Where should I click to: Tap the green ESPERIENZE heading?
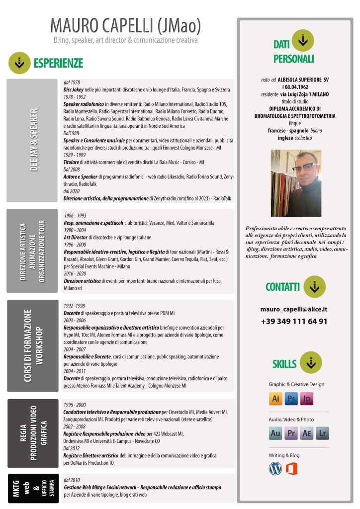tap(58, 63)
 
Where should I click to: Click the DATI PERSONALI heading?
tap(293, 52)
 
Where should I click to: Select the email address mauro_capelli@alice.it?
tap(294, 309)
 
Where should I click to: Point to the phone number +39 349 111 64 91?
tap(294, 321)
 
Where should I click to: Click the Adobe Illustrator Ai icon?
tap(275, 399)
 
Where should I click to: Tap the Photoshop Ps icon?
tap(291, 399)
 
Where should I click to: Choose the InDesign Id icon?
tap(307, 399)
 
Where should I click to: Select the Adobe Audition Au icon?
tap(275, 434)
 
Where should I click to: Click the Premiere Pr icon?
tap(291, 434)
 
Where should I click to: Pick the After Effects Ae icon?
tap(307, 434)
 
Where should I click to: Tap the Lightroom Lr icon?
tap(323, 434)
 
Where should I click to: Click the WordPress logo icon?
tap(275, 468)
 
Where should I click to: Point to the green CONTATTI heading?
tap(282, 287)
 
